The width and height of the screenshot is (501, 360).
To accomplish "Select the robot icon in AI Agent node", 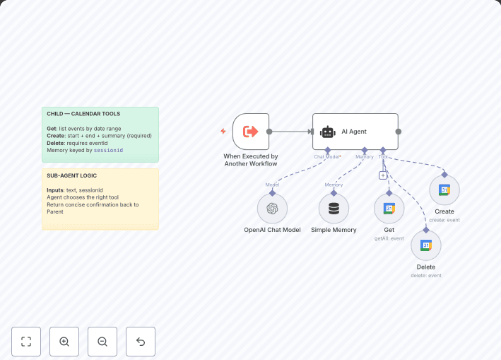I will pyautogui.click(x=327, y=132).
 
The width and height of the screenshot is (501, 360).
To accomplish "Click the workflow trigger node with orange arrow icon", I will pyautogui.click(x=251, y=132).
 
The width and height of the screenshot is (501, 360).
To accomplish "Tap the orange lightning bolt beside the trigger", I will pyautogui.click(x=223, y=132).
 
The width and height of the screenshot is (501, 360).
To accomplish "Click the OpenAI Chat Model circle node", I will pyautogui.click(x=272, y=209).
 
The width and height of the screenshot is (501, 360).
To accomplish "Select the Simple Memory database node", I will pyautogui.click(x=334, y=209).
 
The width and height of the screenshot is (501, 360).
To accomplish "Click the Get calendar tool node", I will pyautogui.click(x=389, y=209).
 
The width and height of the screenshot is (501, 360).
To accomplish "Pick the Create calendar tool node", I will pyautogui.click(x=444, y=190).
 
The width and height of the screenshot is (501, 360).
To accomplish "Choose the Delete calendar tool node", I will pyautogui.click(x=426, y=245).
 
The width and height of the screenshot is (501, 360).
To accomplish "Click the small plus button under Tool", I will pyautogui.click(x=383, y=175).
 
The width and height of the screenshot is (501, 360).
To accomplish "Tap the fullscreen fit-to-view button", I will pyautogui.click(x=26, y=342).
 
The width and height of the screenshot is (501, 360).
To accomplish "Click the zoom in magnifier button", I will pyautogui.click(x=64, y=342).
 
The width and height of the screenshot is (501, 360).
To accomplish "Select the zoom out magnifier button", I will pyautogui.click(x=102, y=342).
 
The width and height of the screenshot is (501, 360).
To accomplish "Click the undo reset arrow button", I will pyautogui.click(x=141, y=342).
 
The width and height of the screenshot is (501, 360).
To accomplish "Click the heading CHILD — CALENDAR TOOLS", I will pyautogui.click(x=83, y=114).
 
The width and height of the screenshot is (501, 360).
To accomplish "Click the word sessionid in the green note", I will pyautogui.click(x=108, y=150).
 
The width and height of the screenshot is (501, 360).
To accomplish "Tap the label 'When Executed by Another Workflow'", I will pyautogui.click(x=251, y=160).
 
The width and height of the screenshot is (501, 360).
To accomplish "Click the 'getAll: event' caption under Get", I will pyautogui.click(x=389, y=238).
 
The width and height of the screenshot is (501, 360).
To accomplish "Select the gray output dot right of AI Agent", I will pyautogui.click(x=399, y=132).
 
